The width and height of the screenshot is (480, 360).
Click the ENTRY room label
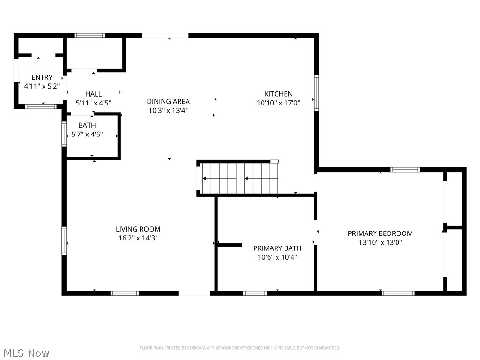tap(42, 77)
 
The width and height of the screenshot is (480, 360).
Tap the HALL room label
tap(93, 94)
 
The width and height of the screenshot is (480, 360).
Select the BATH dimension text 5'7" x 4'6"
tap(87, 134)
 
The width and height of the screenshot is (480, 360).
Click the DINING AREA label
tap(168, 101)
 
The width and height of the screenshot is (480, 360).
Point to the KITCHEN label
tap(278, 94)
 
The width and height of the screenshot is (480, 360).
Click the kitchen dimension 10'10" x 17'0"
tap(278, 103)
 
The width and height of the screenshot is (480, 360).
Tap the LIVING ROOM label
tap(138, 229)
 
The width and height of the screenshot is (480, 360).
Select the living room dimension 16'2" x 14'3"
tap(138, 238)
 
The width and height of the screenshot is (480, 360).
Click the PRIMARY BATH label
tap(277, 248)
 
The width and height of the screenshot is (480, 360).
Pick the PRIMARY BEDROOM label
tap(380, 233)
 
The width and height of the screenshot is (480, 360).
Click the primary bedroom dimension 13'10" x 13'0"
tap(380, 242)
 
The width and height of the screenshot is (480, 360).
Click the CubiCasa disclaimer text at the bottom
tap(240, 348)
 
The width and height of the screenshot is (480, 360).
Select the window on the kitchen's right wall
tap(316, 93)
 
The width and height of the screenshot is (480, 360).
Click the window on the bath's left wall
tap(64, 134)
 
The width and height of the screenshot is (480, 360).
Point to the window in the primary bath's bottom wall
tap(255, 293)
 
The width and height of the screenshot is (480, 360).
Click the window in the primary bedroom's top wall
tap(405, 170)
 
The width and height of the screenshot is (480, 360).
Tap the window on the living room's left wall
tap(64, 240)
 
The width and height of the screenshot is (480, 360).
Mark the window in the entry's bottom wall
tap(40, 106)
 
